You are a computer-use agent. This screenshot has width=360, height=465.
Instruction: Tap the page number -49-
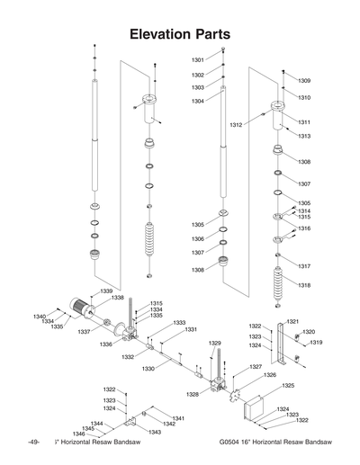coord(33,443)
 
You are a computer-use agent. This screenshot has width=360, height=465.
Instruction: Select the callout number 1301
coord(197,60)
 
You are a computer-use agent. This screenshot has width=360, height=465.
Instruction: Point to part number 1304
coord(197,101)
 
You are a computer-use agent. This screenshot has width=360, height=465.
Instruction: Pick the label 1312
coord(236,124)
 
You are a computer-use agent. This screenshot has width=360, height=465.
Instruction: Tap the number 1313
coord(304,136)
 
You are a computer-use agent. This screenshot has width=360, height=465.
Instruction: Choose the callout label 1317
coord(304,266)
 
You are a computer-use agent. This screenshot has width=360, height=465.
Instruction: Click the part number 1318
coord(304,285)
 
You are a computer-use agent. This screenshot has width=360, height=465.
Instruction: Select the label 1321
coord(292,321)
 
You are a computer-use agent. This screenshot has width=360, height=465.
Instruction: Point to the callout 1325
coord(287,385)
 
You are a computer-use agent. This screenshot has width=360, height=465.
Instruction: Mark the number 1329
coord(215,343)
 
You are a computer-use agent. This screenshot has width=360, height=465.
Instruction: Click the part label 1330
coord(148,368)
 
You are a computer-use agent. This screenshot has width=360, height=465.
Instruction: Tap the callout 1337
coord(83,332)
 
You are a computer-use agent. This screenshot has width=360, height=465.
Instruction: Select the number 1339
coord(106,291)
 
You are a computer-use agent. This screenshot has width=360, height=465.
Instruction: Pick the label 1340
coord(40,316)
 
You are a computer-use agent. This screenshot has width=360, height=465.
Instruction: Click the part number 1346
coord(78,434)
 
